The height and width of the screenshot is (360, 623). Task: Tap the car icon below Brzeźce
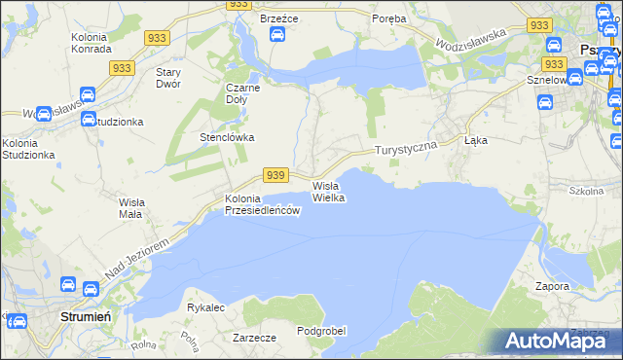(277, 35)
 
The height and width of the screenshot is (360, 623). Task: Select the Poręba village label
(389, 18)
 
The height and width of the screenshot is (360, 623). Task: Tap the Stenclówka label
(227, 137)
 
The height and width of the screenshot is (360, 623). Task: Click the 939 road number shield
(275, 175)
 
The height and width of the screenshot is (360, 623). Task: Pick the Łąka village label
(476, 140)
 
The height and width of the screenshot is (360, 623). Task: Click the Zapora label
(552, 287)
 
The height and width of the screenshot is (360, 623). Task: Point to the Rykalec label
(206, 307)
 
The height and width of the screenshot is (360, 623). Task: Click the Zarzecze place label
(255, 338)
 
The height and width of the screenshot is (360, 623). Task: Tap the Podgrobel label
(322, 331)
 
